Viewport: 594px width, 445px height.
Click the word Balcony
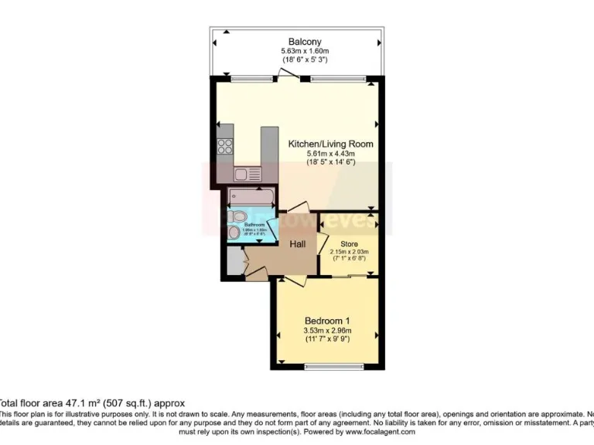305,41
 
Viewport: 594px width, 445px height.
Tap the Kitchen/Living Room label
330,144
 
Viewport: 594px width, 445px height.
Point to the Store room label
349,243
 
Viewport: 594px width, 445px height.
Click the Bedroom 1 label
327,321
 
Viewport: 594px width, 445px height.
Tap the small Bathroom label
254,225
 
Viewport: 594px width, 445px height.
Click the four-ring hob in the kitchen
225,145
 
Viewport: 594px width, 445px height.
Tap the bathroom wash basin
235,231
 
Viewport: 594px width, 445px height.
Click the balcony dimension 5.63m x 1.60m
305,51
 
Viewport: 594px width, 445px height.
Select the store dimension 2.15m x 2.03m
349,251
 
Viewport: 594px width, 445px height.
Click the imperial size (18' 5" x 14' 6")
330,163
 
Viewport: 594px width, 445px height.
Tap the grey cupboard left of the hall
234,263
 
